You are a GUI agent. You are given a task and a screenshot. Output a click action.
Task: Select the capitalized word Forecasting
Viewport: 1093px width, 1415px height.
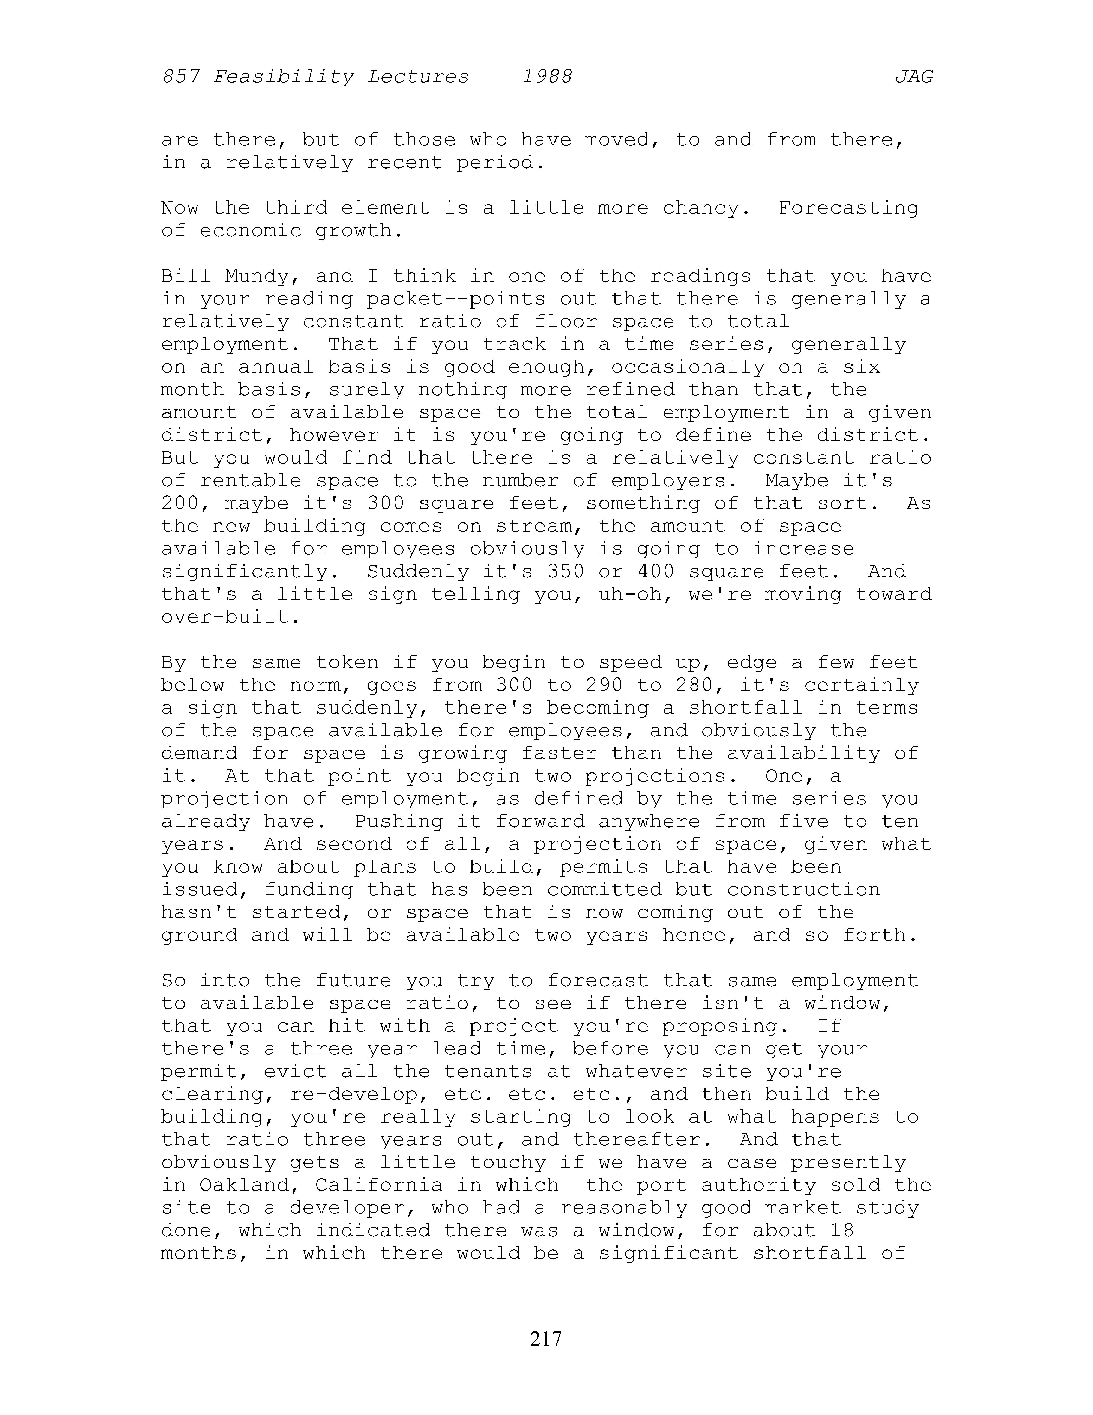848,209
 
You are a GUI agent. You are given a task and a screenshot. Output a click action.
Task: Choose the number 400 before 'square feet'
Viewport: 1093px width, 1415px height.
656,572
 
